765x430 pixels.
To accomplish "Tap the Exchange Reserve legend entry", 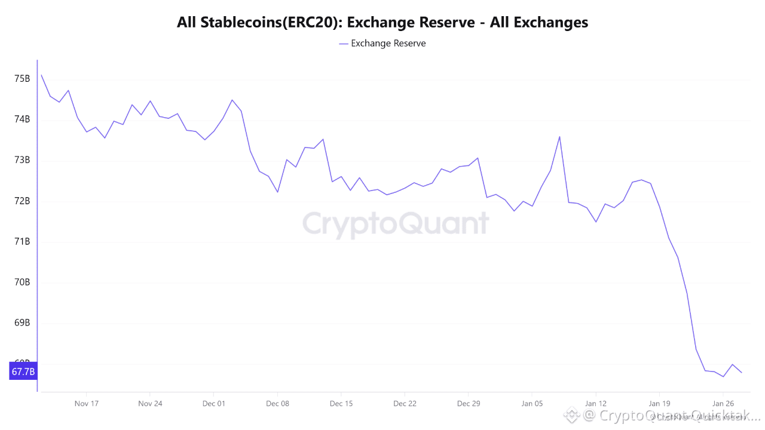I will [x=382, y=44].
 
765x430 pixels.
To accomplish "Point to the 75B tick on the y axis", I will [x=22, y=79].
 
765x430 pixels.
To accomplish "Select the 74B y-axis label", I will [x=22, y=119].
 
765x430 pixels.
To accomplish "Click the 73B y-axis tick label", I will [x=22, y=160].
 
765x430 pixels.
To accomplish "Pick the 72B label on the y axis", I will [x=22, y=201].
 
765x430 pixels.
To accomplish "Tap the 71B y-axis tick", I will [x=22, y=241].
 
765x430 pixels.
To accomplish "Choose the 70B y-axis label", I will [x=22, y=282].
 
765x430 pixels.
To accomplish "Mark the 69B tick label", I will [x=22, y=323].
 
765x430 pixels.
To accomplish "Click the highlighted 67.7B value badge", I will [x=23, y=372].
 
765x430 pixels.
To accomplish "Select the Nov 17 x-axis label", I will [x=86, y=403].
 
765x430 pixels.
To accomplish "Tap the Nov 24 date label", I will [x=150, y=403].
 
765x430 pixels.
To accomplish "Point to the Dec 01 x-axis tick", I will [x=213, y=403].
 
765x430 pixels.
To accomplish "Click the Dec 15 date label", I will [x=341, y=403].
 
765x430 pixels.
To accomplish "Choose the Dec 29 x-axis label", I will [x=468, y=403].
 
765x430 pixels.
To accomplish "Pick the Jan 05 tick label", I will [x=532, y=403].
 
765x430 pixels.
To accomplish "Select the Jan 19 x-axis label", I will [x=659, y=403].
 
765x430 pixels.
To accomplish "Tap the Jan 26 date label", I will [x=723, y=403].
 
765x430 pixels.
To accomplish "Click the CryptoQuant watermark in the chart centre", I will [x=395, y=224].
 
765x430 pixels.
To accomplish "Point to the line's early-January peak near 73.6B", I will [x=559, y=137].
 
